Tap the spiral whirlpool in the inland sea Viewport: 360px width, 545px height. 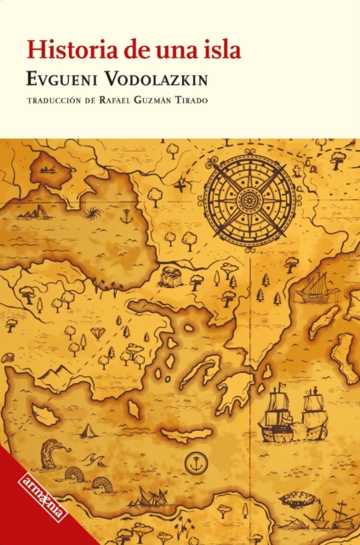[x=92, y=212]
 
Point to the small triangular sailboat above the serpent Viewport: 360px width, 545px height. [x=87, y=430]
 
